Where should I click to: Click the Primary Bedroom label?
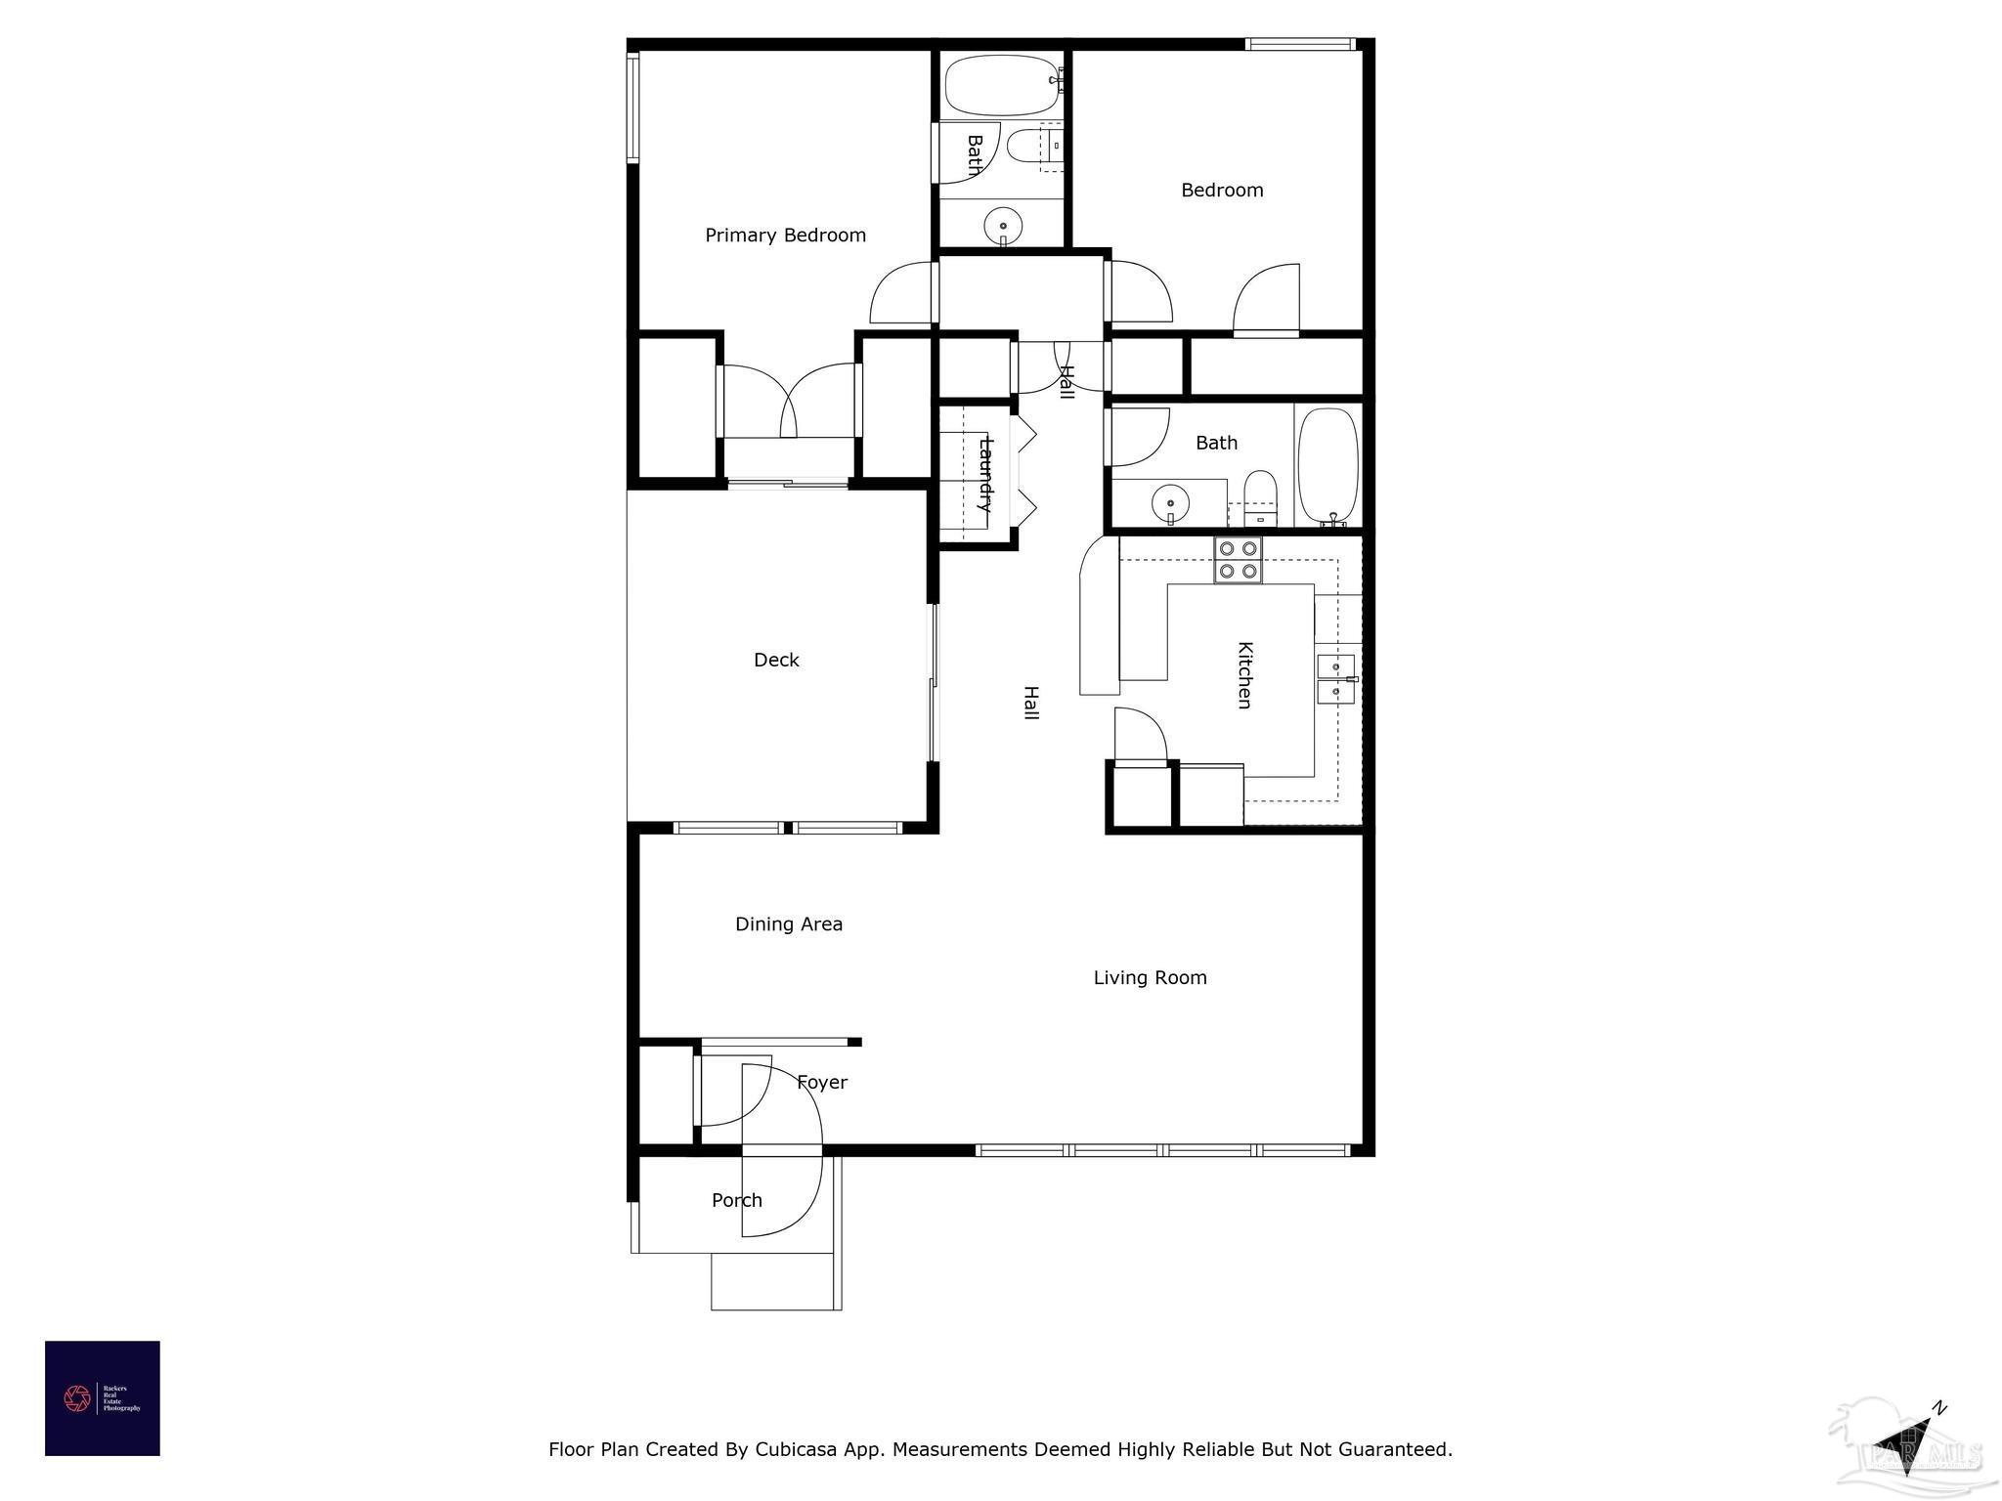(x=785, y=236)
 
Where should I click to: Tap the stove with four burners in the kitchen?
(x=1238, y=560)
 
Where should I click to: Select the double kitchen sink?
(x=1335, y=679)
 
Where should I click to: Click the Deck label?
(x=776, y=661)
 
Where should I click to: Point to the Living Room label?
(x=1150, y=978)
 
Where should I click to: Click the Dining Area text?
(x=788, y=924)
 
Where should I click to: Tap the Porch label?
(x=736, y=1201)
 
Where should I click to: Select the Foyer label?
(x=821, y=1083)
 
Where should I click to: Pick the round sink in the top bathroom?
(x=1003, y=226)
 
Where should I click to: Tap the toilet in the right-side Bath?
(x=1260, y=493)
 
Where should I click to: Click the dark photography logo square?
(x=102, y=1398)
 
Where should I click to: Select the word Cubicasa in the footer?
(x=795, y=1449)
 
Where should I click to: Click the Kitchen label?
(x=1244, y=675)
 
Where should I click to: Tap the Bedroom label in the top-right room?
(x=1222, y=191)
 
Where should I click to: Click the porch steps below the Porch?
(x=775, y=1282)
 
